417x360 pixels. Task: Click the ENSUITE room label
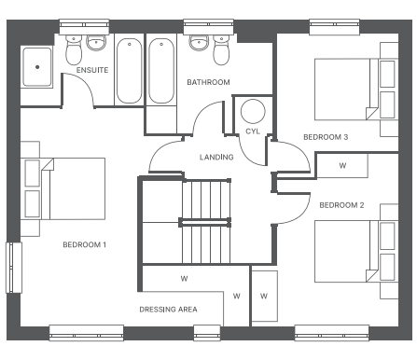[92, 70]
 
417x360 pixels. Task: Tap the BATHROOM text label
[208, 82]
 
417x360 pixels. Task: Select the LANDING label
[216, 158]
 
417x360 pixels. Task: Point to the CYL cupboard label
[253, 132]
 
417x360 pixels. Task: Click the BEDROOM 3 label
[326, 137]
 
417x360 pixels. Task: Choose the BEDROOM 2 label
[341, 205]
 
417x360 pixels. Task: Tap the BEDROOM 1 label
[85, 245]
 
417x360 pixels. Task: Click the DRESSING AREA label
[168, 310]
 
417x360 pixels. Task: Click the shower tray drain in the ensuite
[37, 67]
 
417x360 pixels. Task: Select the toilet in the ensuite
[74, 49]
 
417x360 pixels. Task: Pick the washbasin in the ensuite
[96, 43]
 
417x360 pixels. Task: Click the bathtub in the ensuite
[130, 71]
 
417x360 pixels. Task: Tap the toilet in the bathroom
[221, 49]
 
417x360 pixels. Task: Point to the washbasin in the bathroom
[199, 43]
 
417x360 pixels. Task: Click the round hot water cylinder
[253, 111]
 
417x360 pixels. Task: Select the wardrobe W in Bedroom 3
[342, 166]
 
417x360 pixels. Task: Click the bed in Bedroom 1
[74, 188]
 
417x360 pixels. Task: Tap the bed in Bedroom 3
[346, 90]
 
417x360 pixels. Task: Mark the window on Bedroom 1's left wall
[14, 268]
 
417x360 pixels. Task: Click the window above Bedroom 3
[335, 27]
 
